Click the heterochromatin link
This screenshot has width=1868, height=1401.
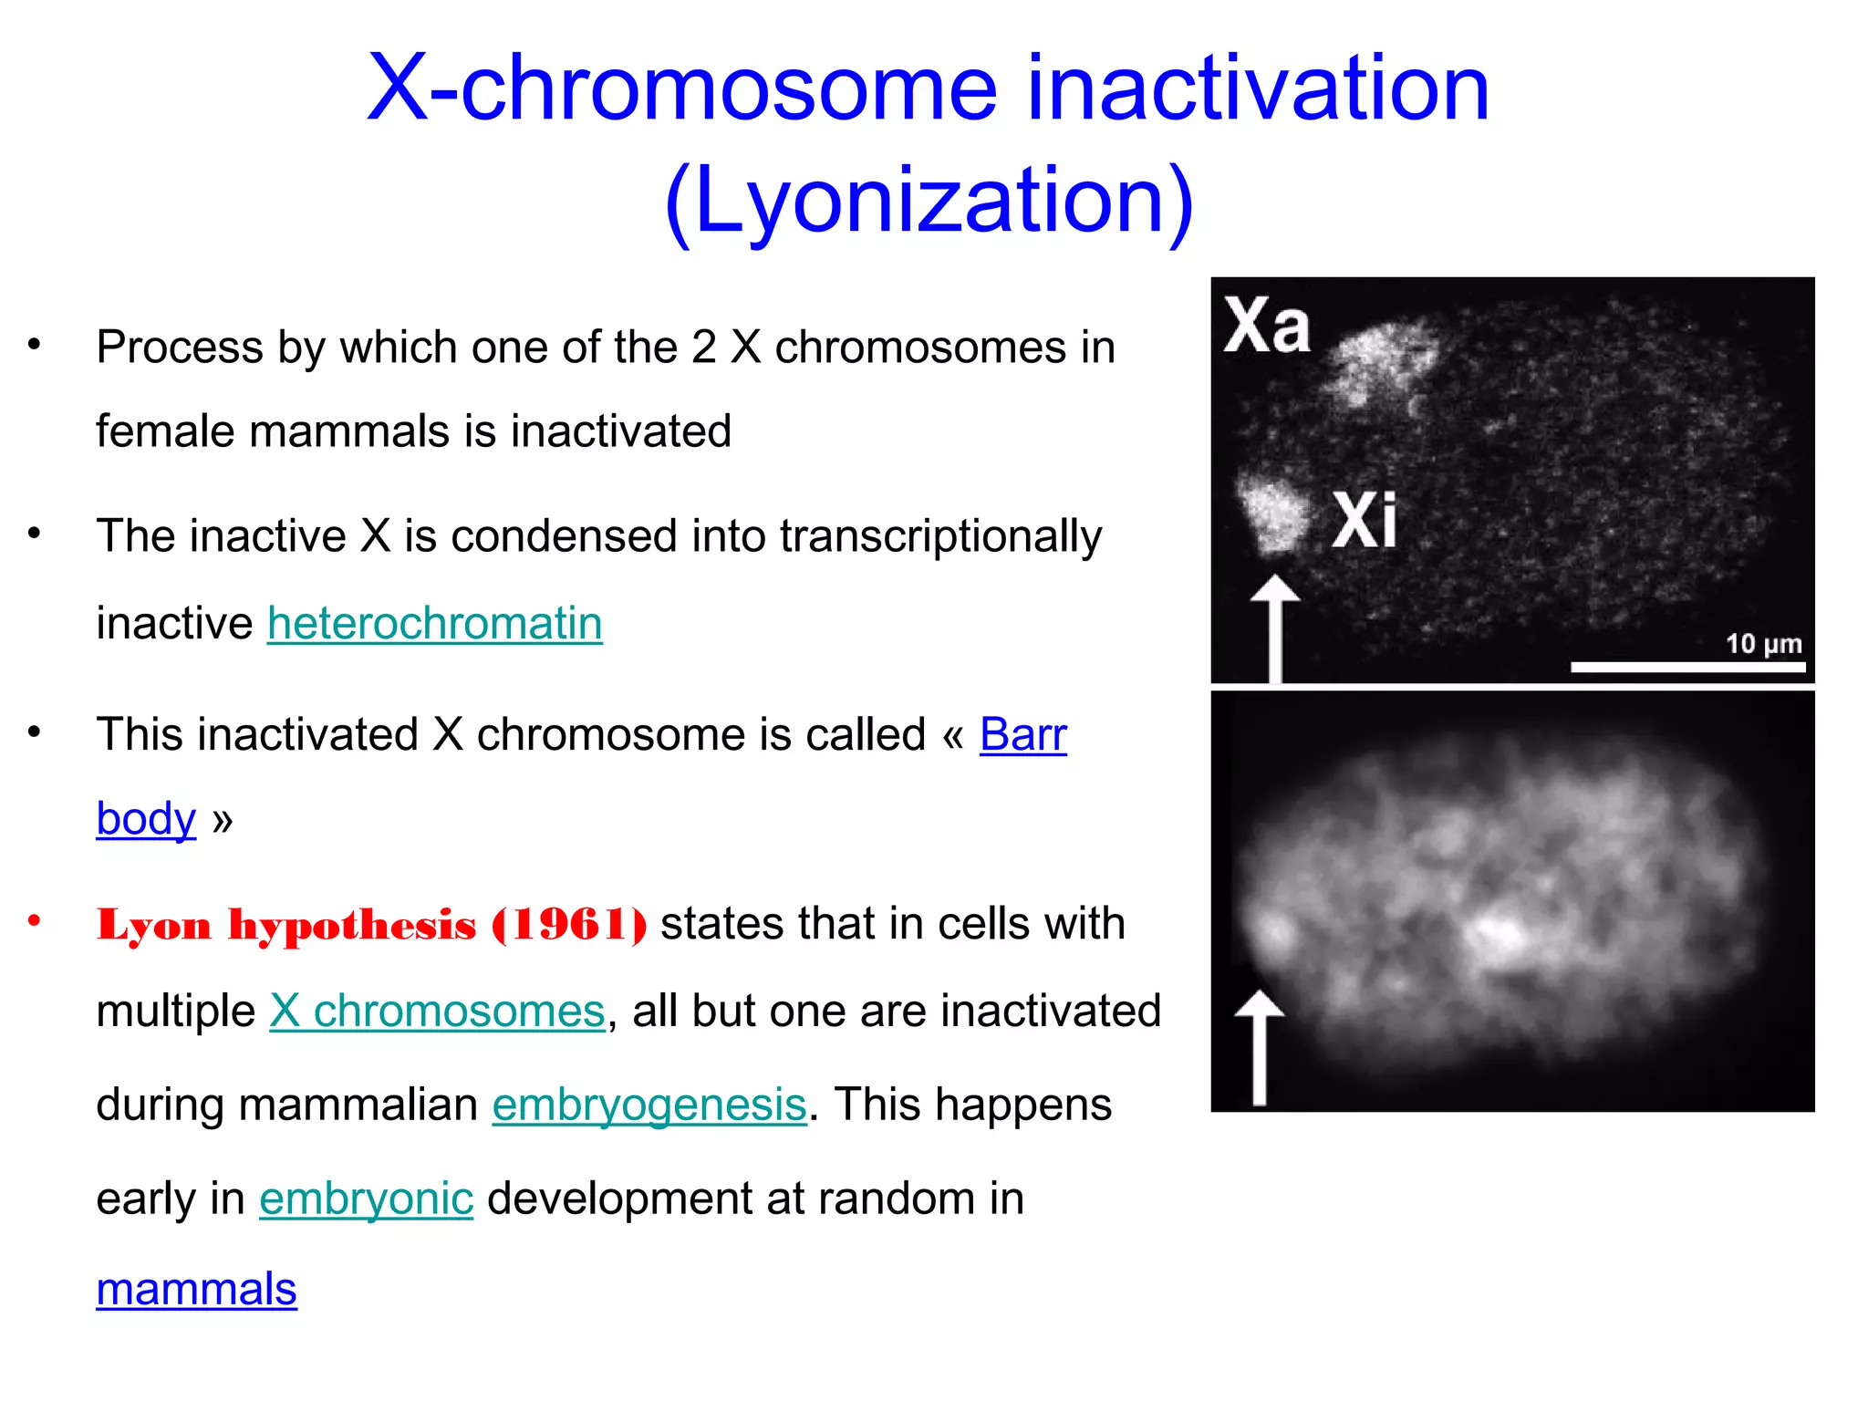click(434, 624)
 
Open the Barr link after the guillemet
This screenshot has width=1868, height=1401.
click(1022, 735)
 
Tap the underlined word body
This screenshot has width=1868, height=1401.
click(146, 819)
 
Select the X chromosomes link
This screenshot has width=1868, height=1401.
click(437, 1012)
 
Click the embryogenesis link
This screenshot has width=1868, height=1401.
click(649, 1105)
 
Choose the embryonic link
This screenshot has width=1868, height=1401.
click(366, 1199)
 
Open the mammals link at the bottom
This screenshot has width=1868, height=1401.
click(196, 1290)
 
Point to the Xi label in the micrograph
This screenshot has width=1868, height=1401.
click(1364, 520)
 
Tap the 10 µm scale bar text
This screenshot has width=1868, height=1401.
click(1763, 644)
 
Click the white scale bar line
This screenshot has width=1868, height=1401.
click(1687, 668)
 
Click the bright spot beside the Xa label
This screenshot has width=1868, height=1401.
click(1382, 360)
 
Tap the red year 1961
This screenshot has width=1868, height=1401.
click(570, 925)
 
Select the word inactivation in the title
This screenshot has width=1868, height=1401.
click(1258, 88)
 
